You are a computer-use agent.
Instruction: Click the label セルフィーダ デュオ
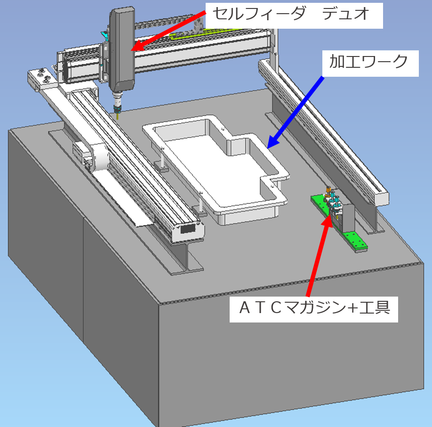tap(291, 13)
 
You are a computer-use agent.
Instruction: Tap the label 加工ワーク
tap(368, 62)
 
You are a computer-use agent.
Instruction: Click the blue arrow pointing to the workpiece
tap(296, 113)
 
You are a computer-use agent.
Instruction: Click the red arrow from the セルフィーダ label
tap(168, 31)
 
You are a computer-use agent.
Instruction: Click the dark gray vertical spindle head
tap(122, 49)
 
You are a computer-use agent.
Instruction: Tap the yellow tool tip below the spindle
tap(119, 116)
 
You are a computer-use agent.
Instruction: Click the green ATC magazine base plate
tap(339, 223)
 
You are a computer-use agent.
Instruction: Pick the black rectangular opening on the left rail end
tap(188, 229)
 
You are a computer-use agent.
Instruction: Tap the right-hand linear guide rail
tap(323, 132)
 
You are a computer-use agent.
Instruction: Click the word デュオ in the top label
tap(345, 13)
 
